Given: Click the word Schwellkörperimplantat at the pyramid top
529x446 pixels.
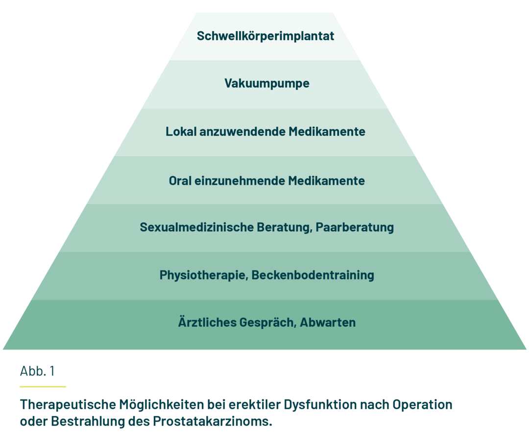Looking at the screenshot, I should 265,36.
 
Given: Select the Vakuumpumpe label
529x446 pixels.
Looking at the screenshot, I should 267,83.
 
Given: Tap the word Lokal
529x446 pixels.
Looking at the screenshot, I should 181,132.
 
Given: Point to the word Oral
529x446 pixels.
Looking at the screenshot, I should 180,180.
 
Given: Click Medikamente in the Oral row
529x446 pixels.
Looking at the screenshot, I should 326,180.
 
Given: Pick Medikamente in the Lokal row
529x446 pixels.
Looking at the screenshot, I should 327,132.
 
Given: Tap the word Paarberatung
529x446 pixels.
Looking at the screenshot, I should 355,227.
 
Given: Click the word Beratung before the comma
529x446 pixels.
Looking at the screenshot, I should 285,227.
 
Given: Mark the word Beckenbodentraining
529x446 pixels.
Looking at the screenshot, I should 313,275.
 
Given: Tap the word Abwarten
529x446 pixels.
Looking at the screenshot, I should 328,322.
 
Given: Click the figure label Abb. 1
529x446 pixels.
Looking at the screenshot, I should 37,371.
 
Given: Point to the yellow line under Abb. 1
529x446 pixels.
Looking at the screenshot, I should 43,387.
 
